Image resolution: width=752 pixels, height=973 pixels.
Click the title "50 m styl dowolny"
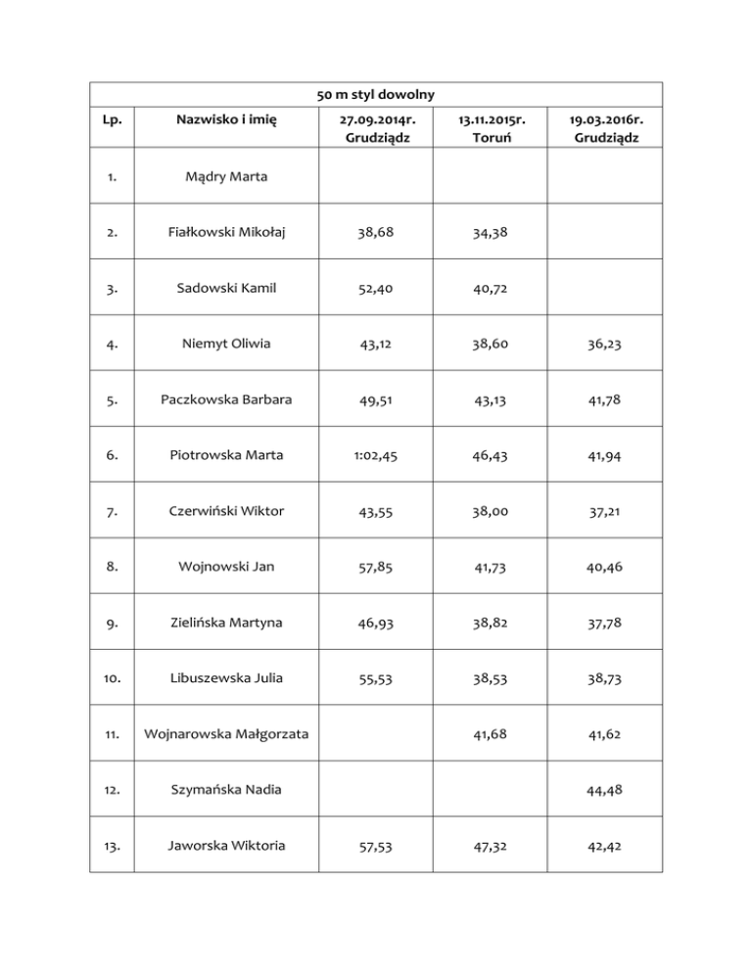[x=376, y=94]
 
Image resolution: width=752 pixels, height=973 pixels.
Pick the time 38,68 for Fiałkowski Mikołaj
[x=376, y=233]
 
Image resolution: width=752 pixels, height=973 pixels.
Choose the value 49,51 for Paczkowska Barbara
[x=376, y=400]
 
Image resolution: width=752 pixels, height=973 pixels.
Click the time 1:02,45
[x=376, y=456]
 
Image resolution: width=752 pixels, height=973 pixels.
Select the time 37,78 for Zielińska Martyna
[x=605, y=623]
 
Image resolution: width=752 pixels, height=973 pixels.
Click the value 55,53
[x=376, y=678]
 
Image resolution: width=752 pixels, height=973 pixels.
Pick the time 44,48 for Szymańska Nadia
[x=605, y=790]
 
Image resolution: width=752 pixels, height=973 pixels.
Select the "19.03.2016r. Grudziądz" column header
[x=605, y=129]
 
